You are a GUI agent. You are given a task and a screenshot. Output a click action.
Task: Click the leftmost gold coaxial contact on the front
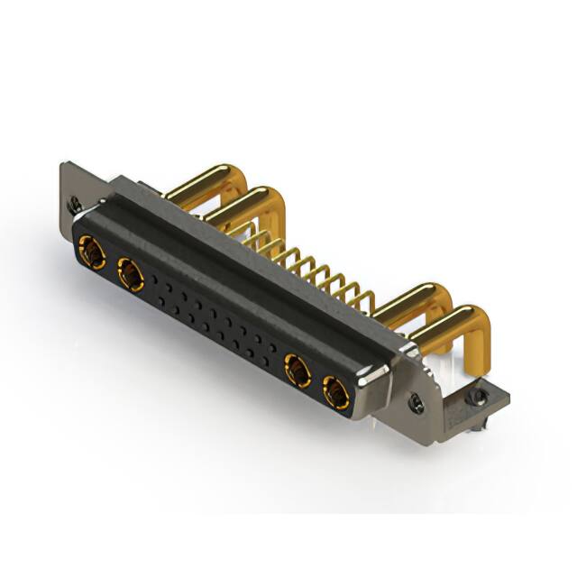[x=90, y=251]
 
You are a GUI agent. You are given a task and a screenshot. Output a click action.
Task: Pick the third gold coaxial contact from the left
[x=297, y=370]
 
